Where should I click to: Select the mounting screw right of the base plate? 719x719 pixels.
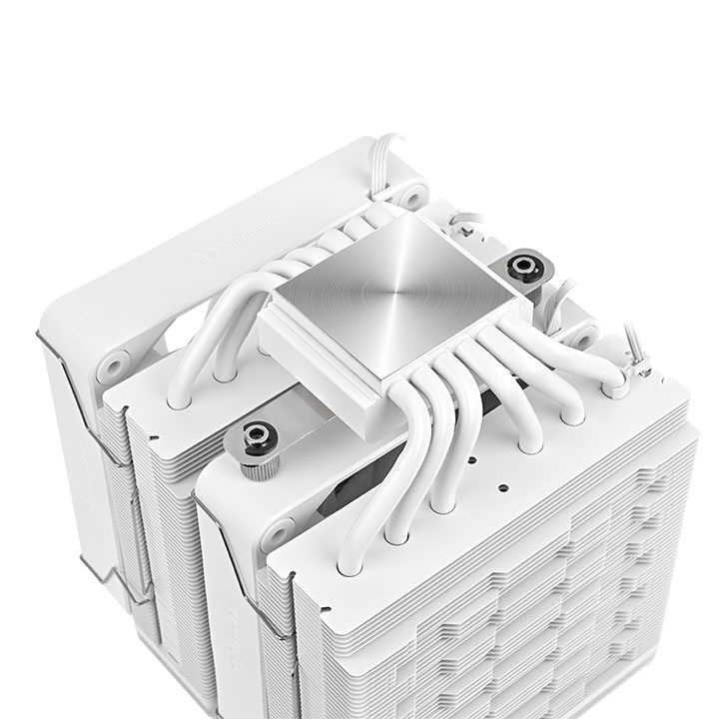(520, 268)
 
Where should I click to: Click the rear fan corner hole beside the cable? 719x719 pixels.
(409, 189)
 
